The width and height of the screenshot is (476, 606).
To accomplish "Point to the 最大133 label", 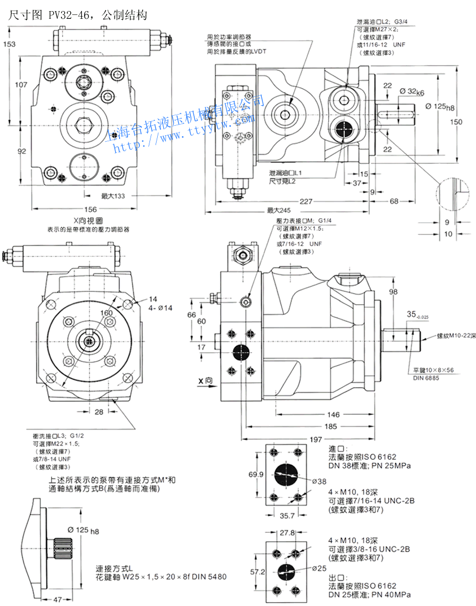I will click(113, 196).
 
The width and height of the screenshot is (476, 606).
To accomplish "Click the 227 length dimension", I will click(290, 202).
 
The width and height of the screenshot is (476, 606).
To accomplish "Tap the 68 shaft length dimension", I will click(394, 202).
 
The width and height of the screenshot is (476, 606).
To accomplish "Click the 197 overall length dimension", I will click(315, 440).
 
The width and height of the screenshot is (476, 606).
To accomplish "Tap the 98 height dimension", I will click(394, 291).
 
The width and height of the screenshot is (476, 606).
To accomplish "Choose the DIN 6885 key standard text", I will click(425, 378).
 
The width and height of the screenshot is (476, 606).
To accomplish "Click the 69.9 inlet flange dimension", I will click(255, 475).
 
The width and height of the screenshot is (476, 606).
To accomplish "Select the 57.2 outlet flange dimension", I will click(255, 571).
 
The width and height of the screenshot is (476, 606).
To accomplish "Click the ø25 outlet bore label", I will click(318, 568).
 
